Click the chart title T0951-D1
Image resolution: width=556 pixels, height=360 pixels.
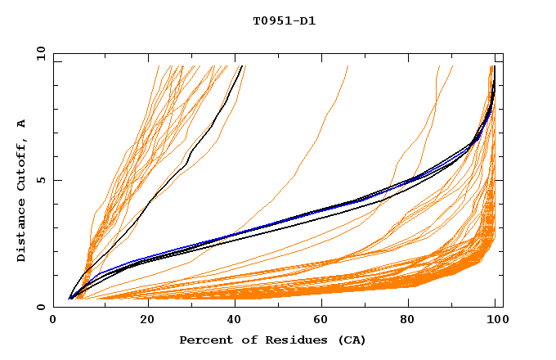point(284,20)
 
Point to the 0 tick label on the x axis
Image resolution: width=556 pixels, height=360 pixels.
point(53,322)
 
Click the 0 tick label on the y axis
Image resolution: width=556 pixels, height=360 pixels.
point(40,308)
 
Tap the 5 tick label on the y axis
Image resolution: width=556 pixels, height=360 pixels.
point(40,180)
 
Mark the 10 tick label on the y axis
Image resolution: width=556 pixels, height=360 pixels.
point(38,53)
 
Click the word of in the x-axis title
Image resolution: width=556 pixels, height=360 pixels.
point(248,340)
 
